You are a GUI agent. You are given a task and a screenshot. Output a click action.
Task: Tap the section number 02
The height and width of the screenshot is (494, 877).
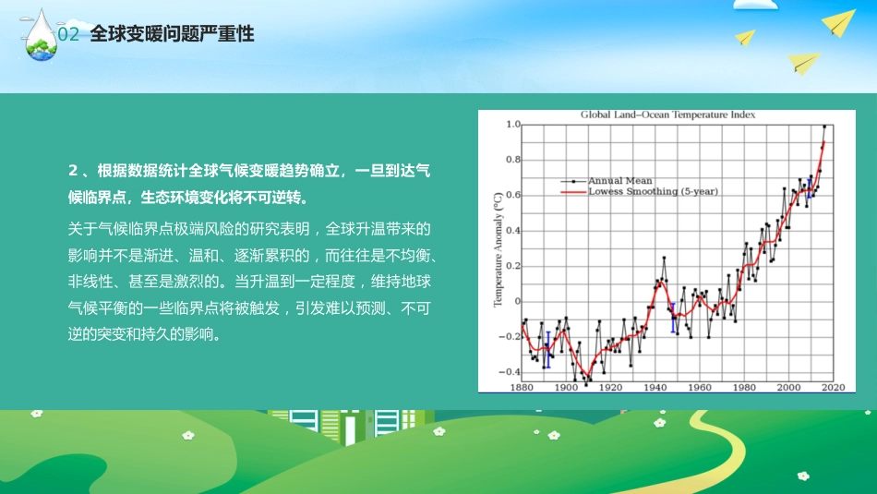click(69, 35)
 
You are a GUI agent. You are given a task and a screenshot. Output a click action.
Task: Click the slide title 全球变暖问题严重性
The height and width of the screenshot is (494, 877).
click(173, 34)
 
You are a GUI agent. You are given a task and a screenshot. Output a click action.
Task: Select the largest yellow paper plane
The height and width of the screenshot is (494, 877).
click(840, 22)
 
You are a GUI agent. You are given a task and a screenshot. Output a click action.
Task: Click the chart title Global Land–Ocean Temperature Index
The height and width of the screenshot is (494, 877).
click(667, 115)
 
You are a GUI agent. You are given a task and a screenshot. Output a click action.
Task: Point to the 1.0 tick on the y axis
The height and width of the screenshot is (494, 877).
click(513, 125)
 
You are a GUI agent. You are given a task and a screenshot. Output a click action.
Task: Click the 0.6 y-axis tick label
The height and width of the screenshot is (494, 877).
click(513, 196)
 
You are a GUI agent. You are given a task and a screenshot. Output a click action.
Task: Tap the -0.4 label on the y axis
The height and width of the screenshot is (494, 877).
click(511, 371)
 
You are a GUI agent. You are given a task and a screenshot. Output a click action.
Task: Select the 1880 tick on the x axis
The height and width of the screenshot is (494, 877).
click(522, 388)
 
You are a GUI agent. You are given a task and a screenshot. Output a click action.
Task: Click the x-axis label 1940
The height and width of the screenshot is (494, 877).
click(655, 388)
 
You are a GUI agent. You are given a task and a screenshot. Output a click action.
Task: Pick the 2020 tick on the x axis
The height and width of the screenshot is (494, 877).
click(833, 388)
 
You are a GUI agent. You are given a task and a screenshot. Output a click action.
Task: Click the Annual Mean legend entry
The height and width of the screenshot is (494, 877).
click(619, 181)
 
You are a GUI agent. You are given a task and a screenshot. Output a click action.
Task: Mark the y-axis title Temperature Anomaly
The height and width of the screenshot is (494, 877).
click(497, 249)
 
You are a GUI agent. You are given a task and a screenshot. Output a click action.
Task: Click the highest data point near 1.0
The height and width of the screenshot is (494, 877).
click(824, 127)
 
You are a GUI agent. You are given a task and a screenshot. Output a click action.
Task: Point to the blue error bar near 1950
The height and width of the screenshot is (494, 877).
click(673, 319)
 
